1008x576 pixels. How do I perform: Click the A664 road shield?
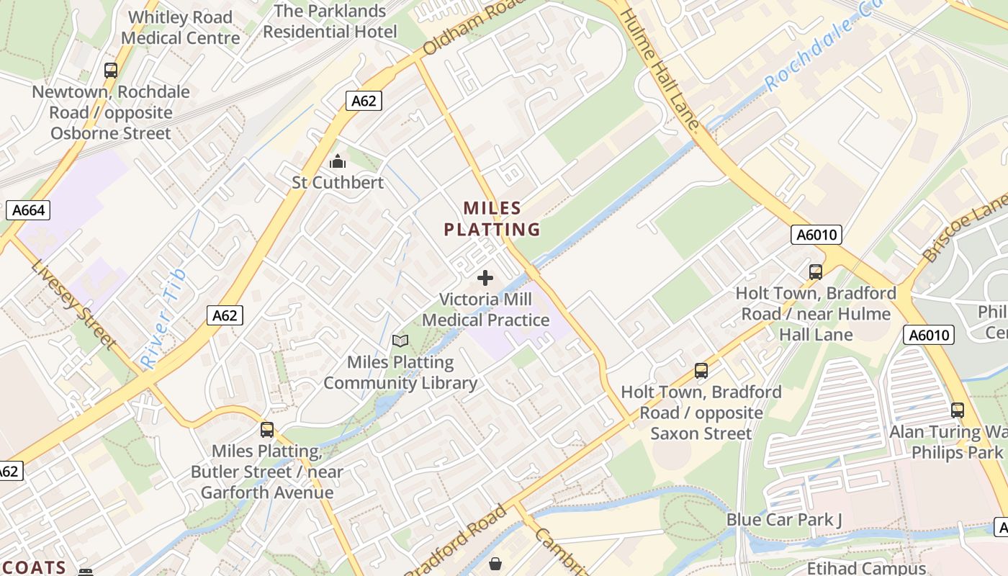(x=29, y=210)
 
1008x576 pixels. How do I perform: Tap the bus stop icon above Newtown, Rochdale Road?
(x=111, y=71)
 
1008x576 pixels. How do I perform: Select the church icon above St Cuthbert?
(x=337, y=162)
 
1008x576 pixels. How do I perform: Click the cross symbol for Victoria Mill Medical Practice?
(x=485, y=278)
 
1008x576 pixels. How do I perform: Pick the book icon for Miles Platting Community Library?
(x=400, y=341)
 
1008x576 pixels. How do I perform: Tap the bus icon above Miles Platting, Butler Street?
(x=267, y=430)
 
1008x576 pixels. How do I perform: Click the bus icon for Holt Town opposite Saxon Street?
(x=701, y=371)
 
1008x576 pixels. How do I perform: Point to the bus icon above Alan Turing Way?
(x=958, y=410)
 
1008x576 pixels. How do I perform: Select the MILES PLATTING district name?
(x=492, y=219)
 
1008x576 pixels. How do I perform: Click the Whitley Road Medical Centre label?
(x=180, y=27)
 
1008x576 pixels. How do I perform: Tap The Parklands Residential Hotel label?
(x=330, y=22)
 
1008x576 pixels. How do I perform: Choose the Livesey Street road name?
(x=73, y=302)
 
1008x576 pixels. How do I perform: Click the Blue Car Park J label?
(x=783, y=520)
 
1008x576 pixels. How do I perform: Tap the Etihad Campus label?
(x=866, y=568)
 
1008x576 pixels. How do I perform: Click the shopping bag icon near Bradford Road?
(x=495, y=563)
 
